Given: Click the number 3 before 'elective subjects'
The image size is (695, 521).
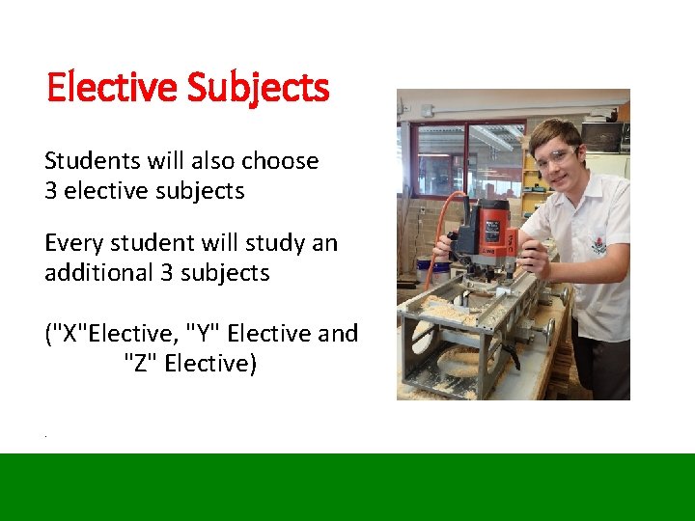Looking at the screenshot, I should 51,191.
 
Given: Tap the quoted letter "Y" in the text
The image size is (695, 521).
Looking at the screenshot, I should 201,334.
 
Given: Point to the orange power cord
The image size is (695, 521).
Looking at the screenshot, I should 431,253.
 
